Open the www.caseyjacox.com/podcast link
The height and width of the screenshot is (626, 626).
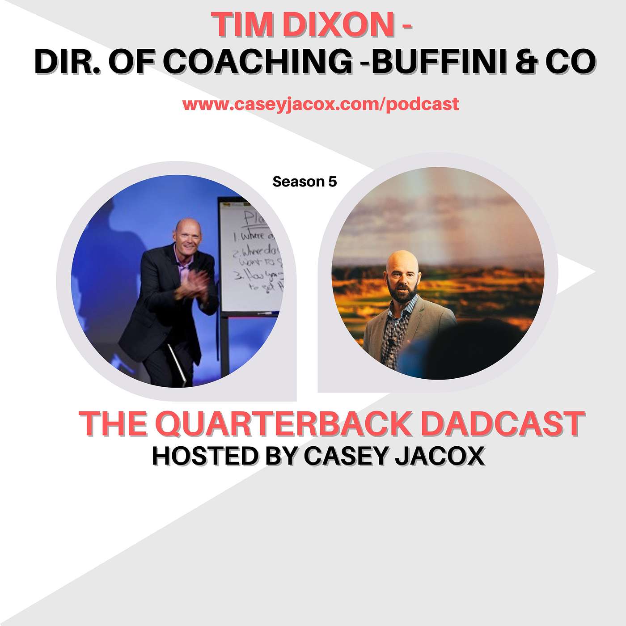(x=321, y=104)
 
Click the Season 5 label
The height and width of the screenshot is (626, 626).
(x=305, y=182)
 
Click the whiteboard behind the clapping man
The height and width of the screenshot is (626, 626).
(x=250, y=255)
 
